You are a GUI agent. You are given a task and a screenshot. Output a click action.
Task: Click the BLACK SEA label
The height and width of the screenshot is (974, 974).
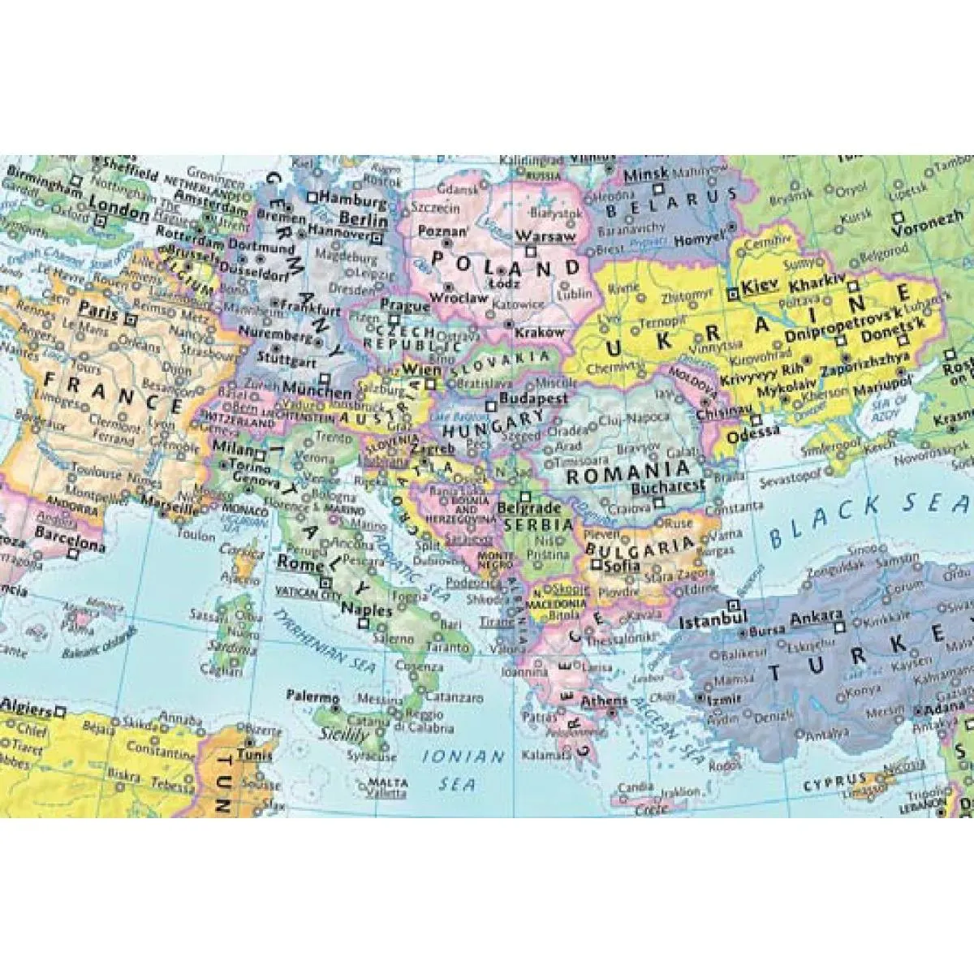point(868,519)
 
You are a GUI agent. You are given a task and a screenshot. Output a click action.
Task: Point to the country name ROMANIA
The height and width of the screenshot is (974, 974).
point(628,472)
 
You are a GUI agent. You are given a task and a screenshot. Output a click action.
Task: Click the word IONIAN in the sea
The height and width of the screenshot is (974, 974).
point(463,756)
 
